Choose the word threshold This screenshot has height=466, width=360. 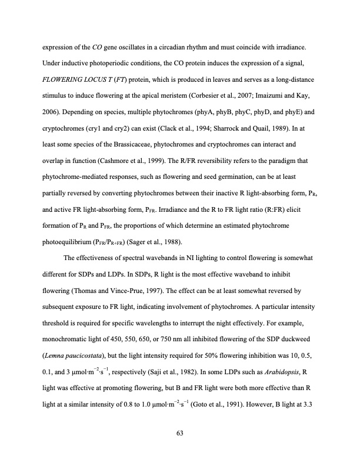tap(55, 321)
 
